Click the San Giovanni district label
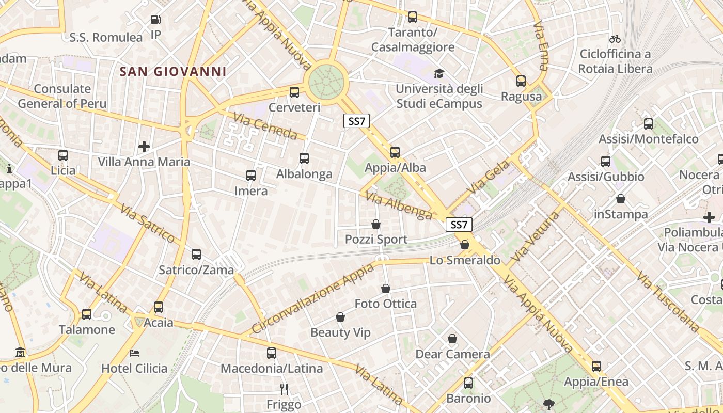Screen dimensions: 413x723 (173, 72)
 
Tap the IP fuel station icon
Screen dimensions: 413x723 (155, 20)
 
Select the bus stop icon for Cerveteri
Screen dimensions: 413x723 (294, 92)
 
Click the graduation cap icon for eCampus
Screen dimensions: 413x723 (439, 73)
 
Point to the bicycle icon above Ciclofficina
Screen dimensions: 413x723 (615, 39)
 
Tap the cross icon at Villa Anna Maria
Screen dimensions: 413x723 (144, 147)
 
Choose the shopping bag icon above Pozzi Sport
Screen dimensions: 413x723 (376, 225)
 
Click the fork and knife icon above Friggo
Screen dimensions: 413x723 (284, 389)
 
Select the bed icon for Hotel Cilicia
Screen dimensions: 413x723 (134, 354)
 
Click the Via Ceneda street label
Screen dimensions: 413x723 (265, 126)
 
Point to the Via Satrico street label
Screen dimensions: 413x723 (148, 223)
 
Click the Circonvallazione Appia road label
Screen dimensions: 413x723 (312, 298)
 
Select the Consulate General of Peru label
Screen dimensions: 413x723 (62, 96)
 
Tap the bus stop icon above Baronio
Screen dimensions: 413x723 (468, 383)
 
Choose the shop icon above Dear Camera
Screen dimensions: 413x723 (452, 339)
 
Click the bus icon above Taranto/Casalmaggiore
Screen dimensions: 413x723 (413, 17)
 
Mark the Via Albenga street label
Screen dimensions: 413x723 (398, 206)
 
